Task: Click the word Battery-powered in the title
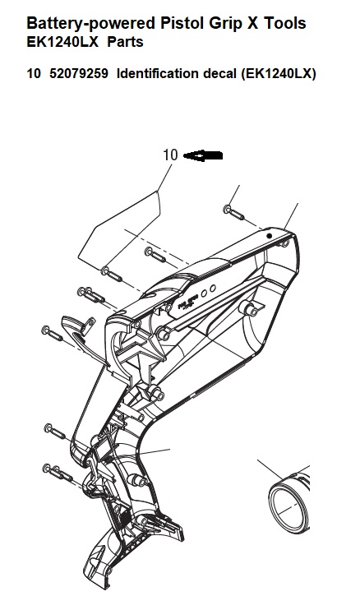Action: (x=91, y=24)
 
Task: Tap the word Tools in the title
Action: (x=285, y=23)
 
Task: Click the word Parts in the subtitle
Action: (x=125, y=41)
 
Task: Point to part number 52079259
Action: (x=79, y=73)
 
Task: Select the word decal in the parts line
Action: (x=219, y=73)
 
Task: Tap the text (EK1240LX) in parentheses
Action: (x=279, y=73)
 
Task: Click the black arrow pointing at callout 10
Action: (x=203, y=155)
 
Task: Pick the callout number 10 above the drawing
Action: (x=170, y=155)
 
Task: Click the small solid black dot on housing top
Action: (x=269, y=236)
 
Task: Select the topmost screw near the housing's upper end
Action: (x=233, y=213)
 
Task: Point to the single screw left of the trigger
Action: (x=52, y=334)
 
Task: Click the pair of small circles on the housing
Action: (x=208, y=291)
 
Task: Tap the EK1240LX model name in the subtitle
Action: (x=62, y=41)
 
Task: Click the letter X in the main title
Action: (x=252, y=23)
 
